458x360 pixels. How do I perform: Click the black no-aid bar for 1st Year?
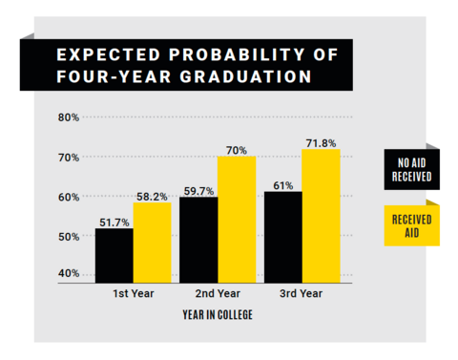pos(114,255)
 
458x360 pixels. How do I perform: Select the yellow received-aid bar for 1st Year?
pos(152,243)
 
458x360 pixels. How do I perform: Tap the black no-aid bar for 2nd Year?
pos(198,240)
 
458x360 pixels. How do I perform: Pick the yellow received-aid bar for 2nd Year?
pos(237,219)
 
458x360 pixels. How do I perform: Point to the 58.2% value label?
pos(152,196)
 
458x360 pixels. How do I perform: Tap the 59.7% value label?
pos(198,190)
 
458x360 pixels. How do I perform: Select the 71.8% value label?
pos(322,142)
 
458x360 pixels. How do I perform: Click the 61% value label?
pos(282,184)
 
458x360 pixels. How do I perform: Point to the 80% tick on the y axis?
pos(68,117)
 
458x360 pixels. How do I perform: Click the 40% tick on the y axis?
pos(68,274)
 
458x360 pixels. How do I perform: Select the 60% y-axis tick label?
pos(68,197)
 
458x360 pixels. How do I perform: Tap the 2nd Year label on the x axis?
pos(217,295)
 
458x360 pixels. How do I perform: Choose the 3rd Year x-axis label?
pos(302,295)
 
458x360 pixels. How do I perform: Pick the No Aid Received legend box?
pos(411,170)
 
